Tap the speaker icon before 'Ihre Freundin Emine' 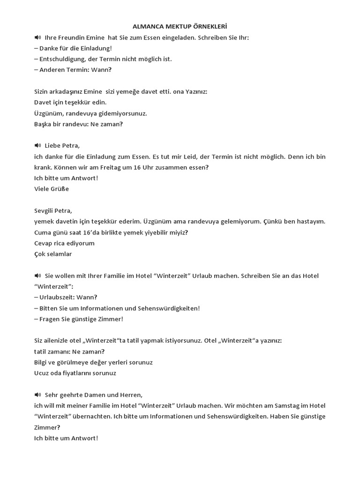37,37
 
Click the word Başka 44,124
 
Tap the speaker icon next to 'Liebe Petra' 37,146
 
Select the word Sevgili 46,210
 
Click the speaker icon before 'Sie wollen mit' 37,276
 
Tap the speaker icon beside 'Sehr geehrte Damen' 37,395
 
